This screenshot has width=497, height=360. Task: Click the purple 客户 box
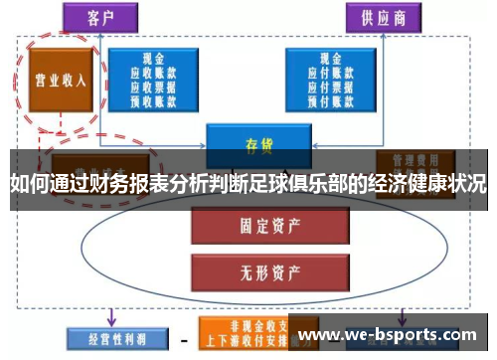[x=98, y=18]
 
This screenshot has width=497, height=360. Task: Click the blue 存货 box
[x=258, y=141]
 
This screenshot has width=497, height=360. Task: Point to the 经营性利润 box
[x=108, y=338]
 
